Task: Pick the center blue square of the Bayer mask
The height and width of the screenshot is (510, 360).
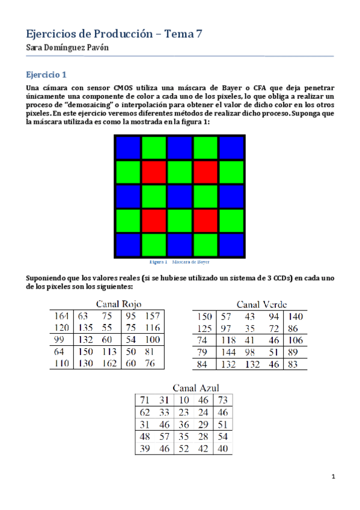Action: tap(178, 197)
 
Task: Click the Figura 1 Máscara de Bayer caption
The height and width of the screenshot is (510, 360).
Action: tap(178, 262)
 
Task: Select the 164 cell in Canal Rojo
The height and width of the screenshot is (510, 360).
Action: tap(61, 315)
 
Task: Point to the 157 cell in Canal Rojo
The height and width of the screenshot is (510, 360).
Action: tap(153, 315)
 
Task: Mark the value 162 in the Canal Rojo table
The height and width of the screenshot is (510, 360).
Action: tap(108, 363)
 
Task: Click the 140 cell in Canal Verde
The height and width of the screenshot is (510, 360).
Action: tap(295, 316)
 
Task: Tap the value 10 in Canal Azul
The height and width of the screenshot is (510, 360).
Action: tap(184, 399)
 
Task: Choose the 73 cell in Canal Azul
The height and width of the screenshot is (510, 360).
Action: tap(222, 399)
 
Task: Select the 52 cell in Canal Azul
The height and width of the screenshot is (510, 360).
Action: tap(184, 448)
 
